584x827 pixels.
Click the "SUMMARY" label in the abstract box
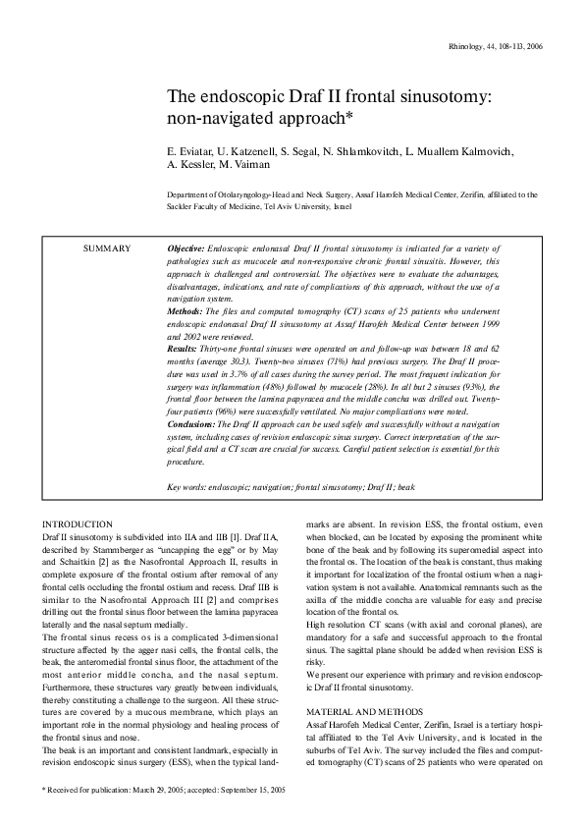108,249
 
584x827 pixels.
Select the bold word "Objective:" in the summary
186,249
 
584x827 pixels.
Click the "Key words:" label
187,485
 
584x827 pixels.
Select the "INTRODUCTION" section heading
79,524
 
